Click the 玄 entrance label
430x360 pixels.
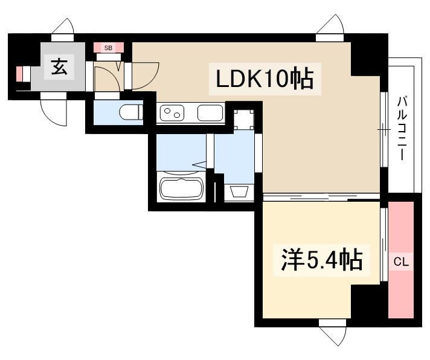tap(59, 67)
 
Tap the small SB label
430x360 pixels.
tap(109, 47)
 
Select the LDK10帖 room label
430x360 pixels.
tap(261, 79)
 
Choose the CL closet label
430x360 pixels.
tap(401, 262)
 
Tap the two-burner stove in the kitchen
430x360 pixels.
tap(174, 113)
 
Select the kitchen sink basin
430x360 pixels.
tap(210, 113)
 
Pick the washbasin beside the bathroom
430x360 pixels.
tap(240, 192)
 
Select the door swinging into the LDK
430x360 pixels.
tap(145, 76)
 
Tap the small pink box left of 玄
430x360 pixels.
tap(20, 74)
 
